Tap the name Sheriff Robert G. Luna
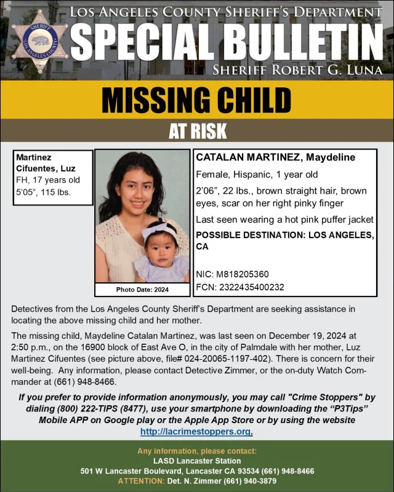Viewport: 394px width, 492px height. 297,69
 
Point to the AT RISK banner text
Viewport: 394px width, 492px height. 197,131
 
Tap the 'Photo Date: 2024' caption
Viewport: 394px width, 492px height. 142,289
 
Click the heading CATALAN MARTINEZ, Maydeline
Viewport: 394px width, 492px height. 275,158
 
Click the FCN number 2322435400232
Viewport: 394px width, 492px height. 249,287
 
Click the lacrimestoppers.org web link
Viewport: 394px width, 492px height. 196,431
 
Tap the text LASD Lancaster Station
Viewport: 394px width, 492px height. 197,461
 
